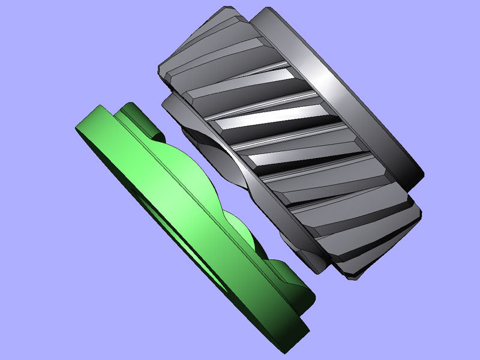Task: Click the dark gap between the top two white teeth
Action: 258,99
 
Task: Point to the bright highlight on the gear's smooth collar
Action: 336,84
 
